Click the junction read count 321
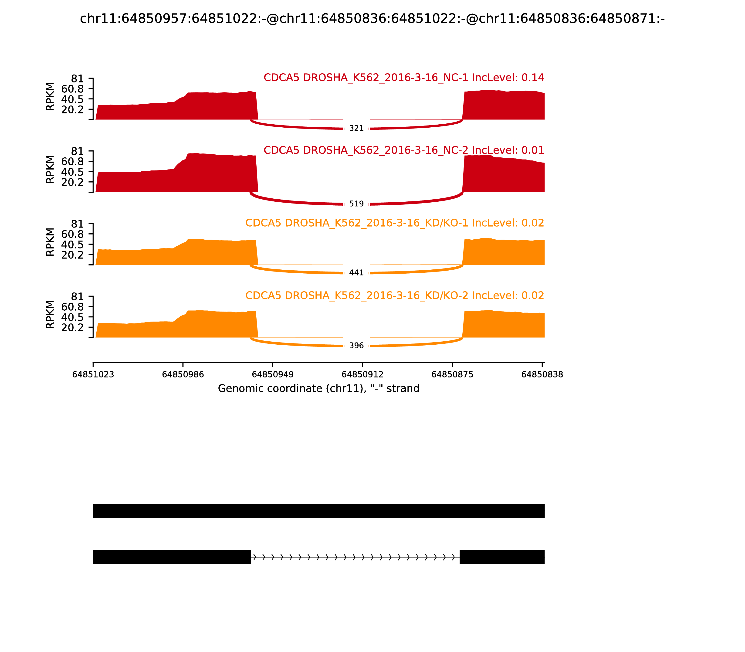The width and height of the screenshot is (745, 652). point(356,129)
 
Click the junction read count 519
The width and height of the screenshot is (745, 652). point(356,204)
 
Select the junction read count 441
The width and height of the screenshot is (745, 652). point(356,272)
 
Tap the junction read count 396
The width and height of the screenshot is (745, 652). point(356,346)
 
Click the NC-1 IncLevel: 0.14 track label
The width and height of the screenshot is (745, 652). point(403,78)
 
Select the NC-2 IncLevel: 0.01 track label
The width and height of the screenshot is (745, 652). point(403,150)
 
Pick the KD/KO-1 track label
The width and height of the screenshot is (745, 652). point(394,223)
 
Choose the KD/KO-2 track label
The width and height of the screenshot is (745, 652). point(394,295)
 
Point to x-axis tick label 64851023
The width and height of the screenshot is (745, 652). point(93,375)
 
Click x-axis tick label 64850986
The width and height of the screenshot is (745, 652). point(183,375)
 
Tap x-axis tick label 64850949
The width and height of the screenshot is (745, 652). point(273,375)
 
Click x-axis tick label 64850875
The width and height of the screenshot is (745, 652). point(452,375)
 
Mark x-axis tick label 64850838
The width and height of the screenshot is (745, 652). point(542,375)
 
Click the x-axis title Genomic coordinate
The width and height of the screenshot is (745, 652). point(319,389)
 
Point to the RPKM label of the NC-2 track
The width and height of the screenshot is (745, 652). point(50,169)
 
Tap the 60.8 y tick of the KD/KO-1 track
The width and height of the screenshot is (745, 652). point(72,234)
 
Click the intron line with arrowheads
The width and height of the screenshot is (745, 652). point(355,557)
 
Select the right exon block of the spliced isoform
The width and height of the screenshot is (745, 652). point(502,557)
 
